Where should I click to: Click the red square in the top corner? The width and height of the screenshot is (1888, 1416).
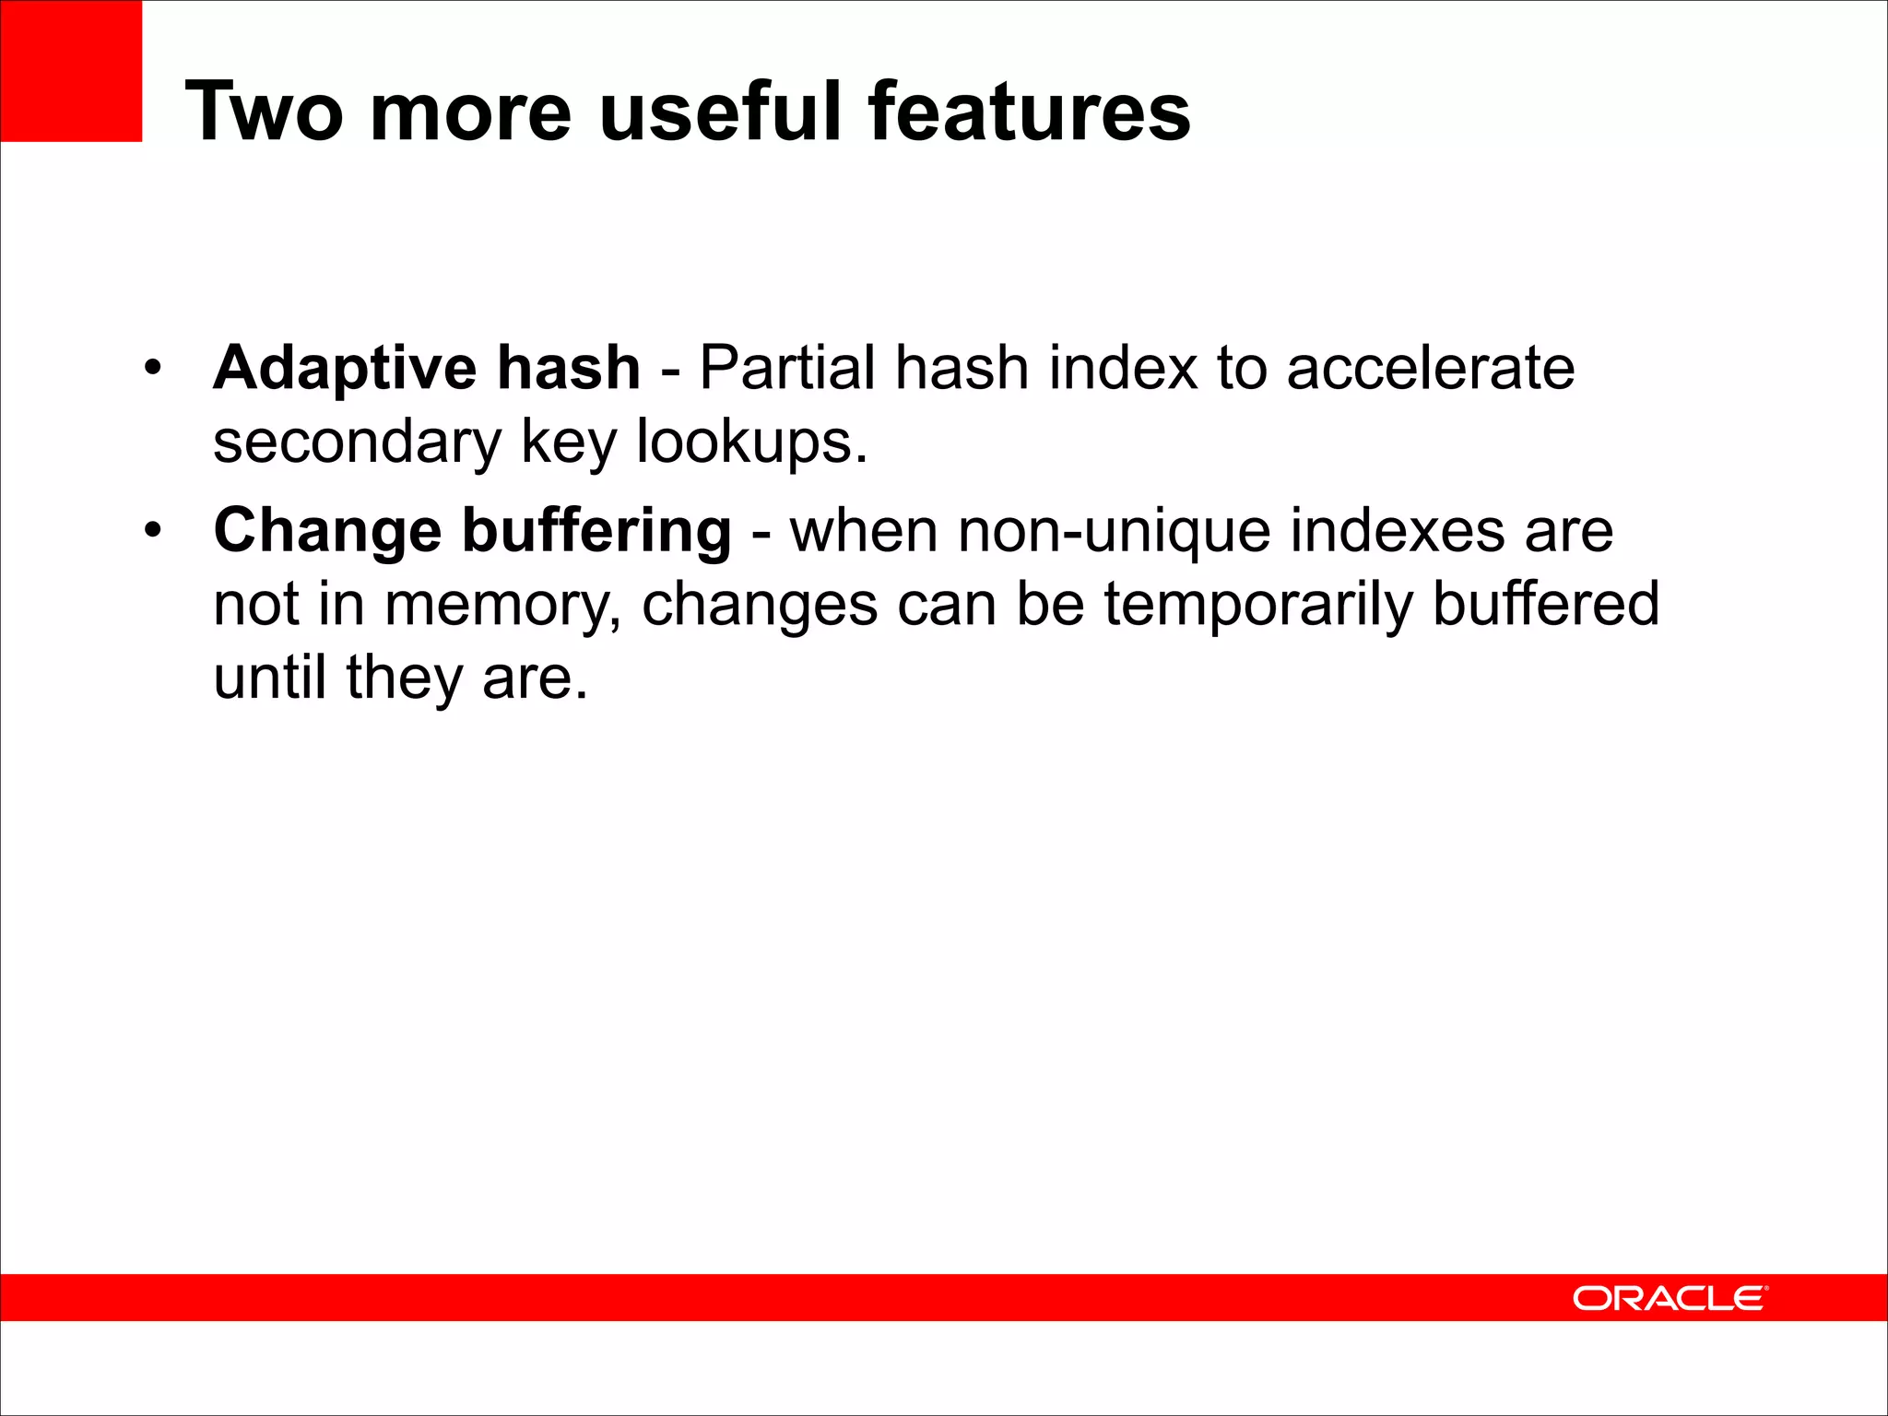click(71, 71)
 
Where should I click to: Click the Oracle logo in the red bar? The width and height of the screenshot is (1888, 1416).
click(1670, 1298)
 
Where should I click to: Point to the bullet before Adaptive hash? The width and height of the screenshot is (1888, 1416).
click(153, 369)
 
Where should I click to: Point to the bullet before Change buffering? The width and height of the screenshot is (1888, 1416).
click(153, 531)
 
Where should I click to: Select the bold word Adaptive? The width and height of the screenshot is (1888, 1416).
click(343, 369)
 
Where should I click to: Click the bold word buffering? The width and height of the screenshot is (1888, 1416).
click(596, 532)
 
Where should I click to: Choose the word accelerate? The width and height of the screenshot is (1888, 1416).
click(1430, 369)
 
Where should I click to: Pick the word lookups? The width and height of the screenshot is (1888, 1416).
click(751, 442)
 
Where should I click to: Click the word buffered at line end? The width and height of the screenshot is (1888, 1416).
click(1545, 606)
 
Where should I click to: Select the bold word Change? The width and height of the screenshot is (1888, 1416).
click(327, 532)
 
